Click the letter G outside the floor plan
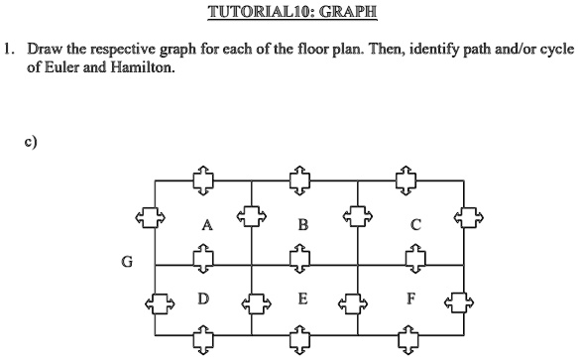(126, 262)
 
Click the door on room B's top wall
(297, 179)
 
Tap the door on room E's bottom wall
(297, 343)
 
